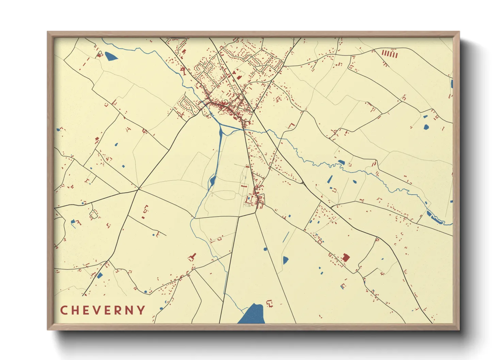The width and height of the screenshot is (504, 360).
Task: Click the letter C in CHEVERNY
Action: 64,310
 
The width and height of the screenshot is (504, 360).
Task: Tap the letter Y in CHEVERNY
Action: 140,310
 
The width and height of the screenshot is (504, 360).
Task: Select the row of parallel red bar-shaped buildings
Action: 390,54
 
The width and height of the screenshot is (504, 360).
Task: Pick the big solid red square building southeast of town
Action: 346,257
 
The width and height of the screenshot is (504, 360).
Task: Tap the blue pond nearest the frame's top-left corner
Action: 111,56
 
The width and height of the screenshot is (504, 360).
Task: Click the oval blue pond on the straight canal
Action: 212,181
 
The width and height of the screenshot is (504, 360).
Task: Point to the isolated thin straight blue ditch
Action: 286,237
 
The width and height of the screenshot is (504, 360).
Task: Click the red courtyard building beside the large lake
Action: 270,303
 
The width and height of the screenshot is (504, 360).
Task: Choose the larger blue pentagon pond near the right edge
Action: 425,127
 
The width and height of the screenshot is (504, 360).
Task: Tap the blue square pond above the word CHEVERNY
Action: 100,275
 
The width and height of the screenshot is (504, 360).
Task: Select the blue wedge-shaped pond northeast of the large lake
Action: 285,260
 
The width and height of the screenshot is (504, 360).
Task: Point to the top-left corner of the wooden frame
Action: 48,32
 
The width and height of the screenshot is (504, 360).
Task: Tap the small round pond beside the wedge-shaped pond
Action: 265,249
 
